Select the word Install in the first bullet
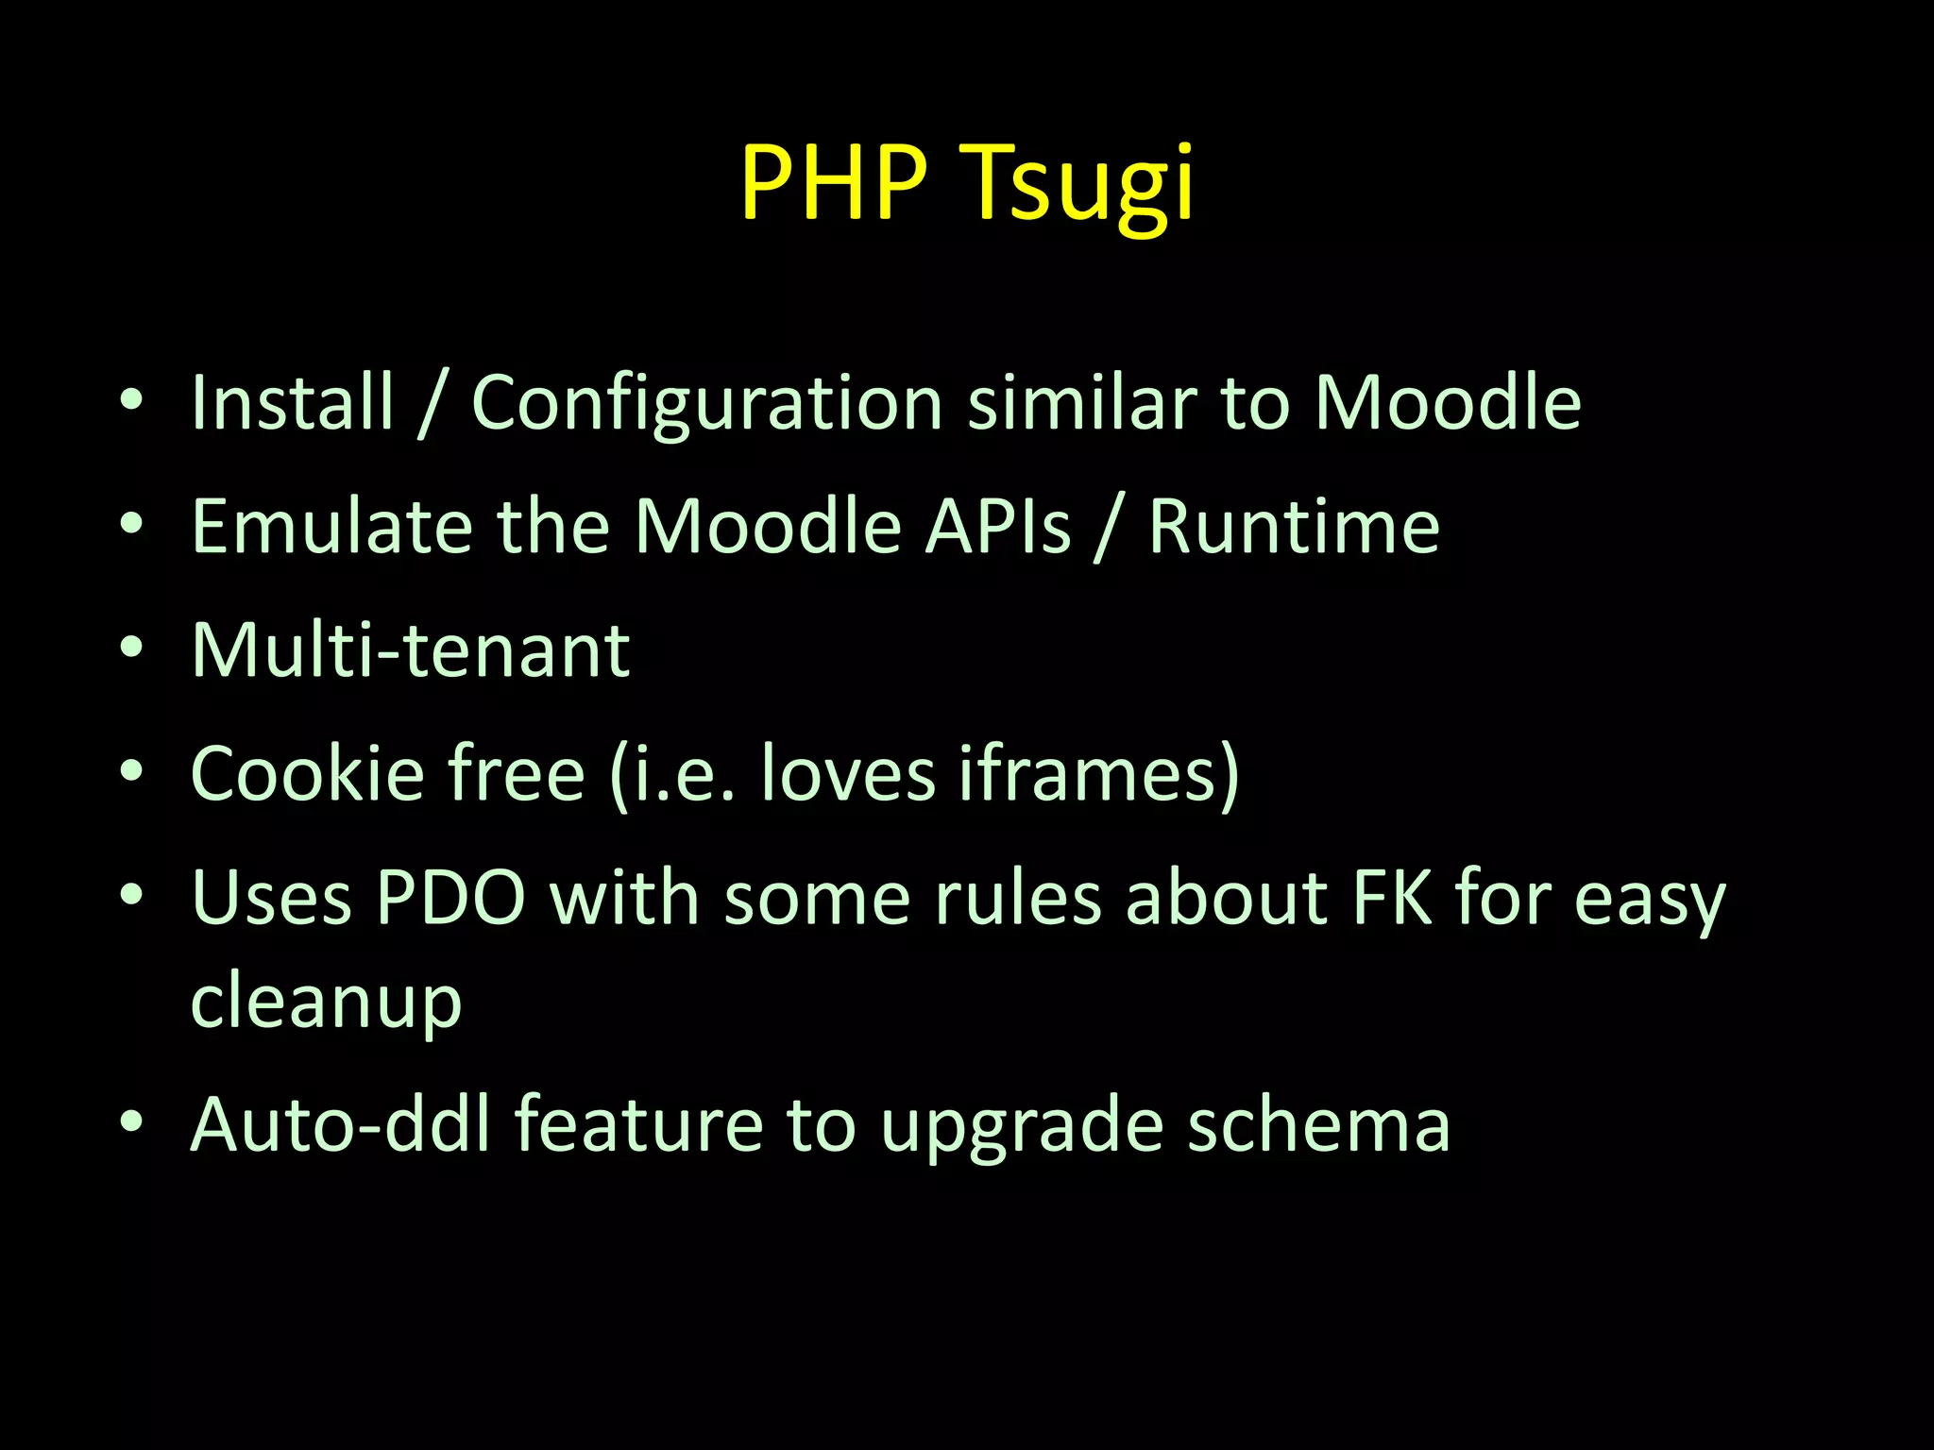pyautogui.click(x=292, y=403)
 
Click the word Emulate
pyautogui.click(x=331, y=527)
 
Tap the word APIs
pyautogui.click(x=997, y=527)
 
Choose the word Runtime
pyautogui.click(x=1294, y=527)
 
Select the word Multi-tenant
pyautogui.click(x=410, y=650)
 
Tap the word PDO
pyautogui.click(x=450, y=898)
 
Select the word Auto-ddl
pyautogui.click(x=341, y=1124)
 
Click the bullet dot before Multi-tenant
pyautogui.click(x=131, y=649)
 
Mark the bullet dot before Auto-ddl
pyautogui.click(x=131, y=1122)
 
